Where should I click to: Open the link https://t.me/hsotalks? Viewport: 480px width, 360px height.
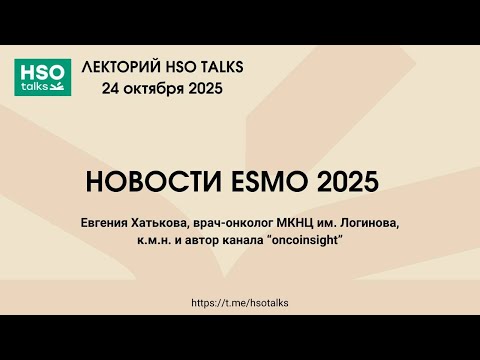pos(239,301)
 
